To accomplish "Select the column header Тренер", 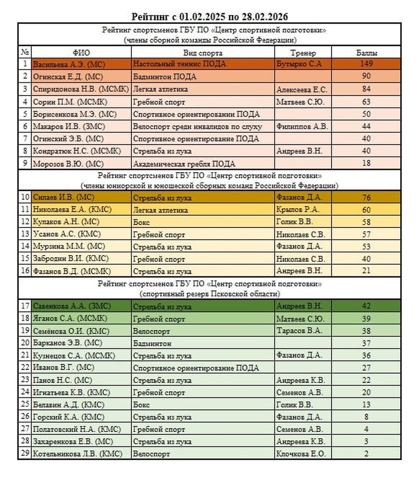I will point(303,53).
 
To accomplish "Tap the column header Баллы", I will point(367,53).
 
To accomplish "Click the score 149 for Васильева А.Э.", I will point(367,64).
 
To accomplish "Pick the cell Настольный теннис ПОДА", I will point(179,64).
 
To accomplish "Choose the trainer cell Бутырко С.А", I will point(299,64).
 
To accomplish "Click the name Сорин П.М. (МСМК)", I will point(70,102).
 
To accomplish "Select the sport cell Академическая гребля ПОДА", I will point(184,164).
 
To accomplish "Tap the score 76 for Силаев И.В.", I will point(367,198).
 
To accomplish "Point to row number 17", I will point(25,306).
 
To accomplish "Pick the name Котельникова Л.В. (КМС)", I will point(77,454).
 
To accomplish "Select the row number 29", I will point(25,454).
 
